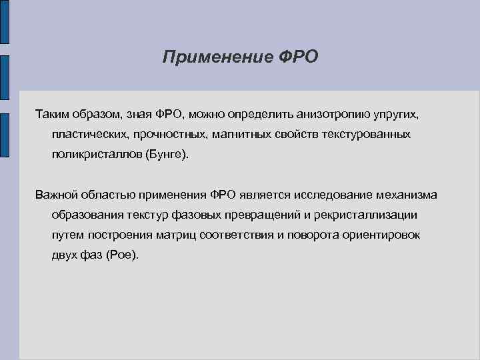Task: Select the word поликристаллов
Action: (x=92, y=154)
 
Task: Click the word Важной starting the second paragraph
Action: (x=57, y=195)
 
